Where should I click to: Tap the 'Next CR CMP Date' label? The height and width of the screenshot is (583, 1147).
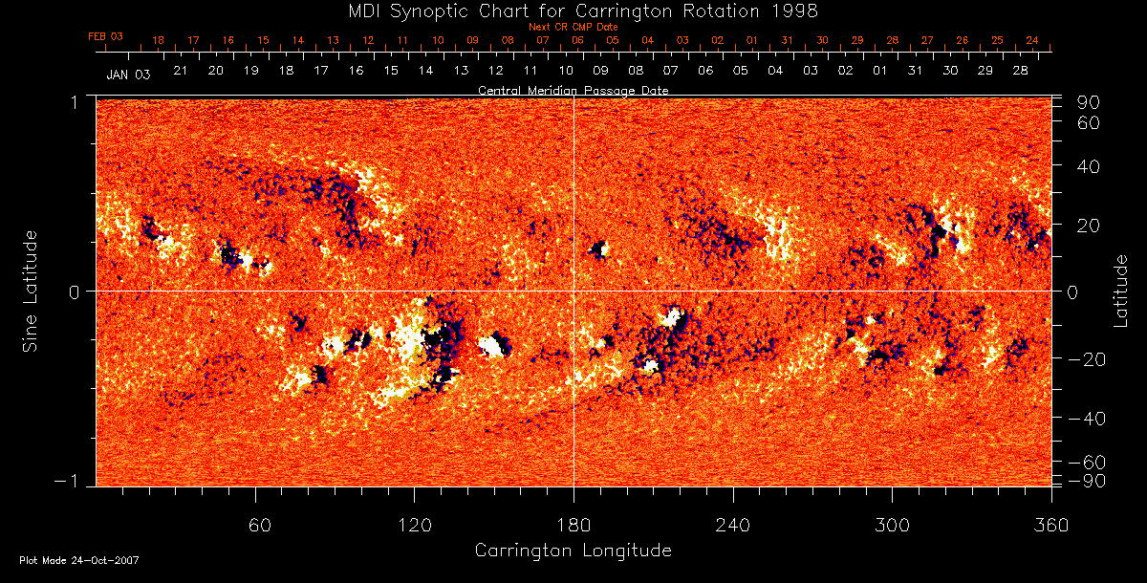point(573,27)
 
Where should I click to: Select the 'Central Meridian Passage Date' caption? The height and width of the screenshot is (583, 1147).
point(573,90)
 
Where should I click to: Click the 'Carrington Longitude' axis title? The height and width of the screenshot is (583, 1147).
point(573,551)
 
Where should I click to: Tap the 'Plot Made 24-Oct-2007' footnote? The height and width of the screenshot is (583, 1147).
point(79,560)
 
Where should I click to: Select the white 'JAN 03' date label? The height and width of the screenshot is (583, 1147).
point(128,74)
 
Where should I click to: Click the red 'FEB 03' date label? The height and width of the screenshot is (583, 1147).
point(106,36)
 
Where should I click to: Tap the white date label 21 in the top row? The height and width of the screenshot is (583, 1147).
point(181,71)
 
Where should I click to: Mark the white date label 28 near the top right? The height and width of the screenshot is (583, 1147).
point(1020,71)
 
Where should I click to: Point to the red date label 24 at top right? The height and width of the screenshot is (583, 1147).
point(1032,40)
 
